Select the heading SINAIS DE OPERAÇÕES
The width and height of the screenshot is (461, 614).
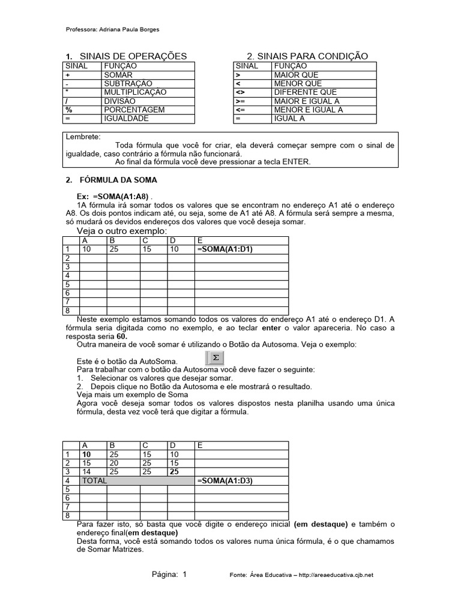pyautogui.click(x=128, y=56)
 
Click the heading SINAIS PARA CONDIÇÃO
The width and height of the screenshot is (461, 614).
pyautogui.click(x=307, y=56)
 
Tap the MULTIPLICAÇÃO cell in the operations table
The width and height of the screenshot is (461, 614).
pyautogui.click(x=135, y=92)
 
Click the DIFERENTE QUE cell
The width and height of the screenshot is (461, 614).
pyautogui.click(x=305, y=92)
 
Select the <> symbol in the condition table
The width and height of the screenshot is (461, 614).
pyautogui.click(x=240, y=92)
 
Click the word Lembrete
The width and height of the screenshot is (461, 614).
pyautogui.click(x=83, y=137)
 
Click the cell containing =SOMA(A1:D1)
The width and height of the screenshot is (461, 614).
pyautogui.click(x=224, y=249)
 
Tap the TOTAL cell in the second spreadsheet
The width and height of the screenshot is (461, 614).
pyautogui.click(x=94, y=481)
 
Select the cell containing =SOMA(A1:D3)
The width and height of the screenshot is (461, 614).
pyautogui.click(x=224, y=481)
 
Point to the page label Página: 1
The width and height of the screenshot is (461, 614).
pyautogui.click(x=169, y=574)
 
